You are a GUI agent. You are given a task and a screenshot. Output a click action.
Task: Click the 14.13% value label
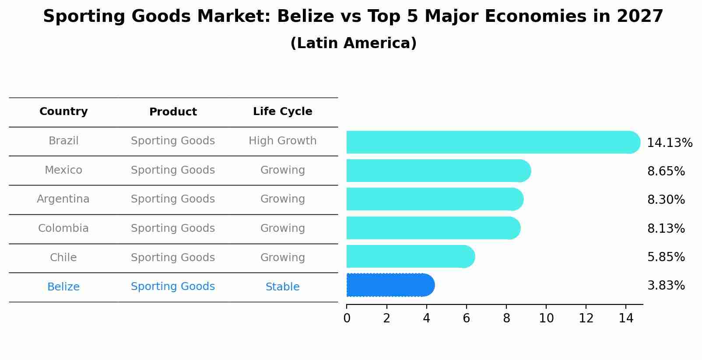[x=670, y=143]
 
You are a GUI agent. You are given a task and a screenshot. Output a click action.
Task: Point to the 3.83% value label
[x=666, y=286]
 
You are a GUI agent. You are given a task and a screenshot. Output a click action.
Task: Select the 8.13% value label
[x=666, y=228]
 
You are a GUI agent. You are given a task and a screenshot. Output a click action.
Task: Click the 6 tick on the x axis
[x=466, y=318]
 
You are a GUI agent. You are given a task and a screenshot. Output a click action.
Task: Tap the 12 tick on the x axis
[x=586, y=318]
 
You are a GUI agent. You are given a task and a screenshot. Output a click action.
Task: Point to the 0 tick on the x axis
[x=347, y=318]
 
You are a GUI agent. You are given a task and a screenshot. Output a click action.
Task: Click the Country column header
[x=63, y=112]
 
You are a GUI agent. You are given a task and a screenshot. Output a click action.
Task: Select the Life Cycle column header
[x=282, y=112]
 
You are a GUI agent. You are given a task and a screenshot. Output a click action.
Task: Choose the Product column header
[x=173, y=112]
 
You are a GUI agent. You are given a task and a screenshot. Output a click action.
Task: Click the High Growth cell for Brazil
[x=282, y=141]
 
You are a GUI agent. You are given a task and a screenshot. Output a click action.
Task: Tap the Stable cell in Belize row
[x=282, y=287]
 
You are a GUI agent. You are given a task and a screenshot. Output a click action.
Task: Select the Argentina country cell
[x=63, y=199]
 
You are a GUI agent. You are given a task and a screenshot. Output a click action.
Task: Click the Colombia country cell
[x=63, y=228]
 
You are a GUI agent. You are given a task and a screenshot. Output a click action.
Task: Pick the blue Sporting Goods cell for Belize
[x=173, y=287]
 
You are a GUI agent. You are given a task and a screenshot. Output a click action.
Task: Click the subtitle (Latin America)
[x=353, y=43]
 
